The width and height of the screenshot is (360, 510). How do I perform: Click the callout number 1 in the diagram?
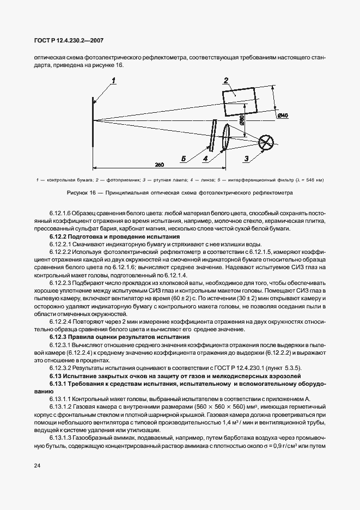tap(114, 82)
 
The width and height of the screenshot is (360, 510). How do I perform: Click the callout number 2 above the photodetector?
tap(225, 81)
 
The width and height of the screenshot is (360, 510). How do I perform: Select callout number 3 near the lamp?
tap(246, 159)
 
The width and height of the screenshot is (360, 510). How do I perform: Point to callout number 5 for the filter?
tap(184, 159)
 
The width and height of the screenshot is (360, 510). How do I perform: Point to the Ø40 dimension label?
tap(283, 116)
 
